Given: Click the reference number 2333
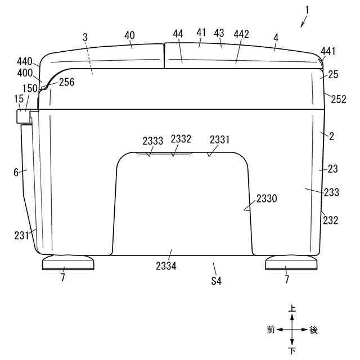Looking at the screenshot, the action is (x=152, y=141).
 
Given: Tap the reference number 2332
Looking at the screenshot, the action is (x=181, y=139).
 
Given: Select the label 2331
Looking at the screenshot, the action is (x=219, y=139).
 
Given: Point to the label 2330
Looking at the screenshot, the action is (x=267, y=199).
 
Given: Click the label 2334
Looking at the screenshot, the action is (x=166, y=266).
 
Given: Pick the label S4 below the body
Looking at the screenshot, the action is (x=216, y=281).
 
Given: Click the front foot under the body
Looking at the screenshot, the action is (x=68, y=263).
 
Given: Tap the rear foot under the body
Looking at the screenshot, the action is (x=291, y=263).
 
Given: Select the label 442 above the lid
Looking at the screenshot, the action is (x=241, y=34).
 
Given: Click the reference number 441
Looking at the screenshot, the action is (x=328, y=51).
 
